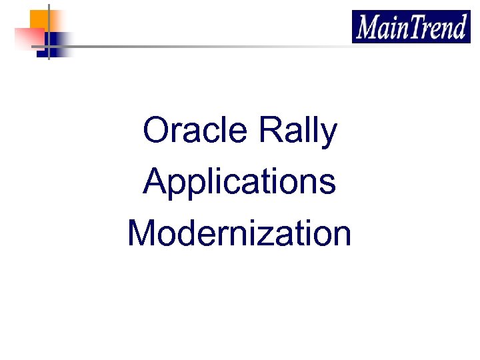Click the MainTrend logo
(411, 27)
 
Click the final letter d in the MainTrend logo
(460, 28)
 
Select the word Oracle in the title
(195, 131)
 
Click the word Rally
(298, 131)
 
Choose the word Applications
(239, 182)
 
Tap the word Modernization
(239, 233)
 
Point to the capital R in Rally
(270, 131)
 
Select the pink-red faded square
(28, 39)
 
